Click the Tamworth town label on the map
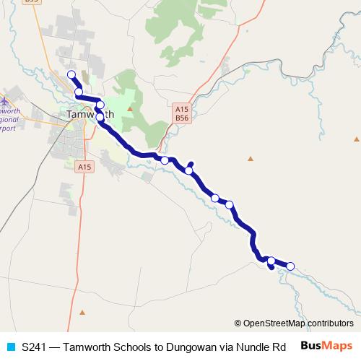pyautogui.click(x=90, y=114)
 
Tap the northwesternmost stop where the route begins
pyautogui.click(x=71, y=75)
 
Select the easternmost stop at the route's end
pyautogui.click(x=291, y=266)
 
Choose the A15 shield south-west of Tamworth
pyautogui.click(x=84, y=167)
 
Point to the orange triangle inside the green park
pyautogui.click(x=130, y=109)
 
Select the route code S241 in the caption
pyautogui.click(x=36, y=346)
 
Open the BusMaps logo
pyautogui.click(x=326, y=346)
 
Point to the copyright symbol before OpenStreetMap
pyautogui.click(x=238, y=323)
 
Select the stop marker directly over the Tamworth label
pyautogui.click(x=100, y=105)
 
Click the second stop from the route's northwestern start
pyautogui.click(x=78, y=92)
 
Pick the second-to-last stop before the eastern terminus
pyautogui.click(x=271, y=261)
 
